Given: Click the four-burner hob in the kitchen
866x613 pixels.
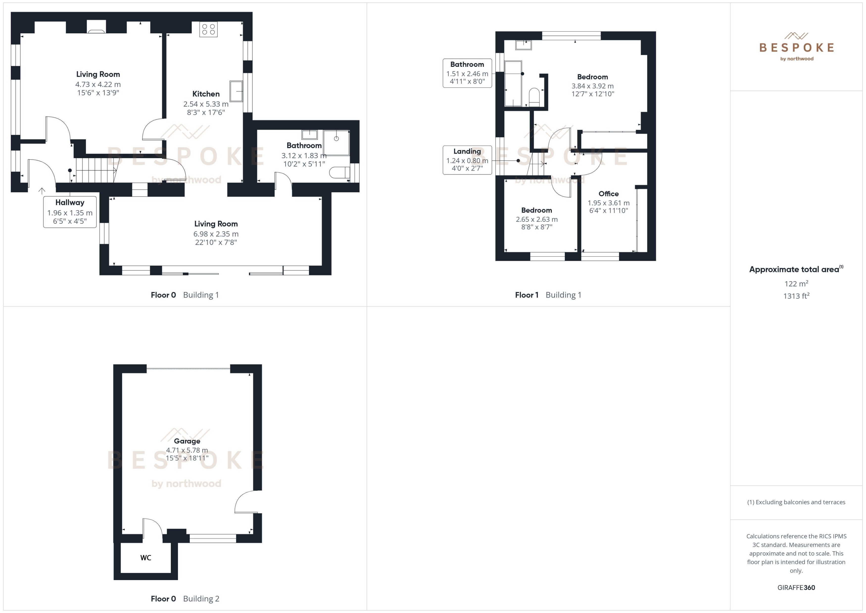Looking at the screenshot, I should (208, 29).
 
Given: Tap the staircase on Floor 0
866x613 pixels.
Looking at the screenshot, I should (96, 170).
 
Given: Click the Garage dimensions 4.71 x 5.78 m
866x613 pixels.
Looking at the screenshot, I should (187, 450).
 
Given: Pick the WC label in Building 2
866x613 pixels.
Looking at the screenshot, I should (146, 558).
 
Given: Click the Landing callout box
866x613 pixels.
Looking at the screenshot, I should (467, 160).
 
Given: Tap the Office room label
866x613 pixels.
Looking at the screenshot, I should (608, 194).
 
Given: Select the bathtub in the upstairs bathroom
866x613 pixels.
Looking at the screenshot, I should (513, 83).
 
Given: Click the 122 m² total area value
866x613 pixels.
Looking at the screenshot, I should (796, 283).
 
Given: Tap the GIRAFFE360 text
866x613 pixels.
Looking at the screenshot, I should (796, 587).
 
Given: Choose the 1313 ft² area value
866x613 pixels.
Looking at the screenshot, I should (796, 296).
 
